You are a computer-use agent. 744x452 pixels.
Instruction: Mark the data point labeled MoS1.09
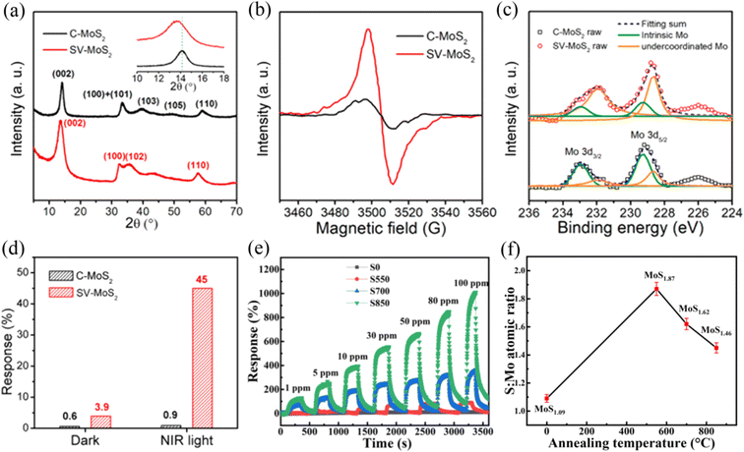point(546,398)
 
